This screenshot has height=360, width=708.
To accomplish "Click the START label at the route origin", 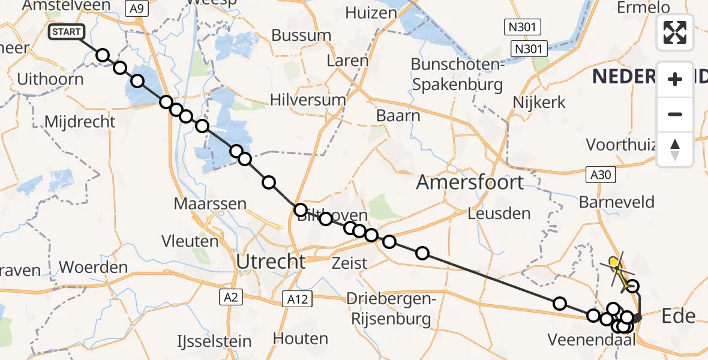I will [x=66, y=32].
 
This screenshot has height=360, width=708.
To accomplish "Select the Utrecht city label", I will [x=271, y=262].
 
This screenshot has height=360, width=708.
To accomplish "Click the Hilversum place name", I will [x=308, y=100].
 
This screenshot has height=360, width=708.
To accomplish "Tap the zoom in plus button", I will [x=675, y=79].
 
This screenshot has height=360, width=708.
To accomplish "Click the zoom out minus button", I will [x=675, y=114].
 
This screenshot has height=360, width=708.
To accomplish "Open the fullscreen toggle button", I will [x=675, y=32].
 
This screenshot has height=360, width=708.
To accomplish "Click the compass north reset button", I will [x=675, y=149].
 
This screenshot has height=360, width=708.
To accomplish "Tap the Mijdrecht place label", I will [x=80, y=122].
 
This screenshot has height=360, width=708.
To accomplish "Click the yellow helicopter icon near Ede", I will [x=614, y=262].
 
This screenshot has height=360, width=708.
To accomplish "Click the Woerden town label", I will [x=94, y=267].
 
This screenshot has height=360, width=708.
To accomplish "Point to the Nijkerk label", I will [x=539, y=102].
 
